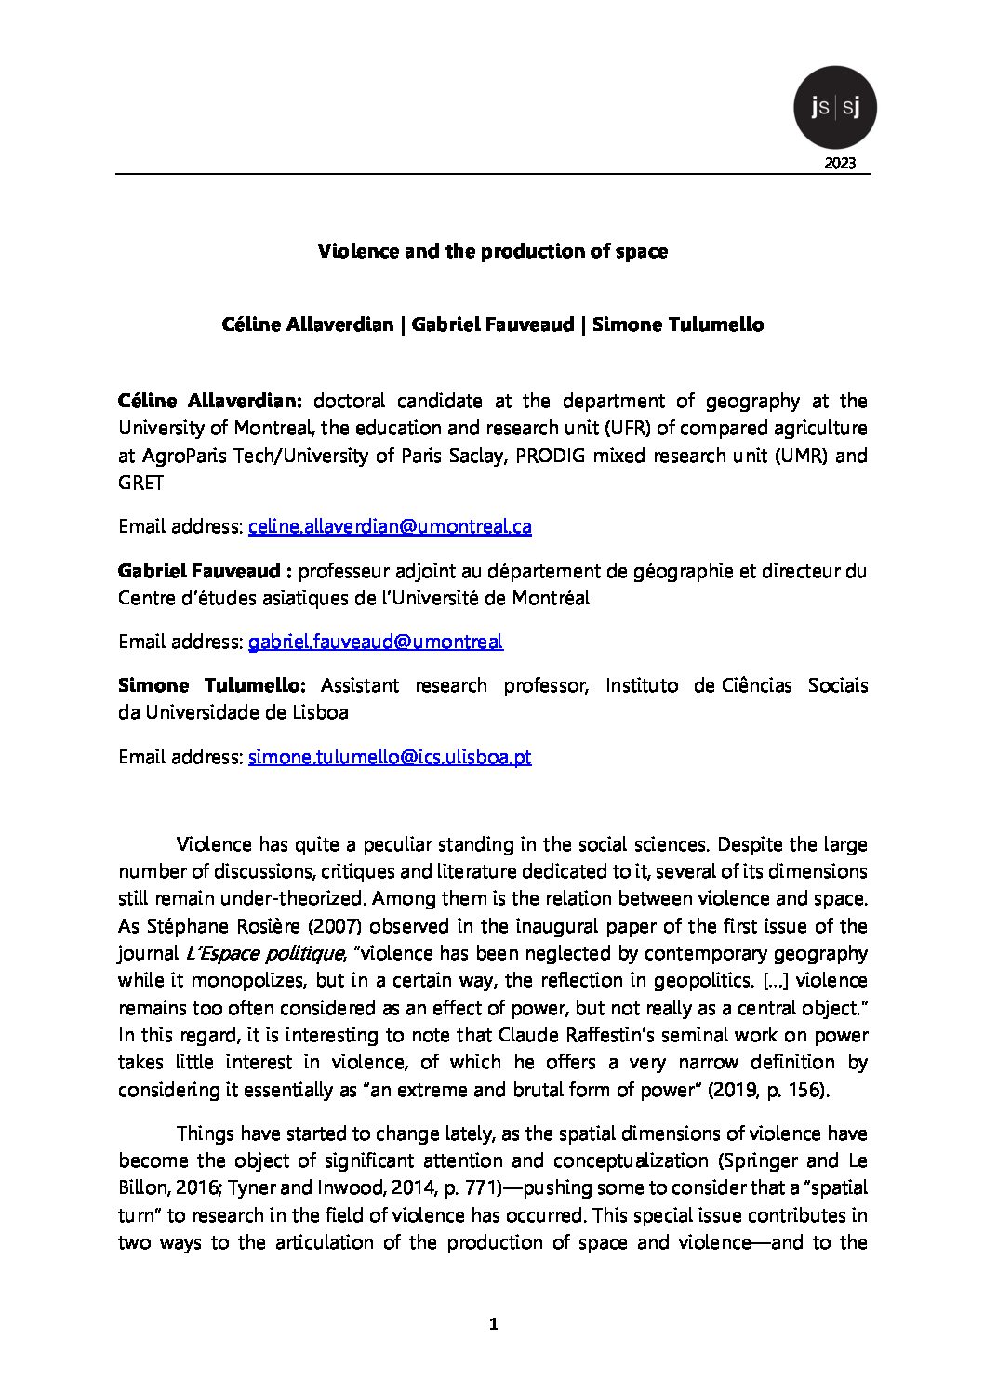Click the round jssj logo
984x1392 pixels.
click(834, 108)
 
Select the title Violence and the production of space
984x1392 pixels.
click(492, 251)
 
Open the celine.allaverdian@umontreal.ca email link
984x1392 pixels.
click(390, 526)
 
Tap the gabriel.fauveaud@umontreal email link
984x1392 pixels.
click(375, 642)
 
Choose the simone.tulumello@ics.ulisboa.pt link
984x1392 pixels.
click(390, 757)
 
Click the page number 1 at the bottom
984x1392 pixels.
click(493, 1324)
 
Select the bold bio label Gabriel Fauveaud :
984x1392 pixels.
click(206, 571)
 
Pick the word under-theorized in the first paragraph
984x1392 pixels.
click(293, 899)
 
